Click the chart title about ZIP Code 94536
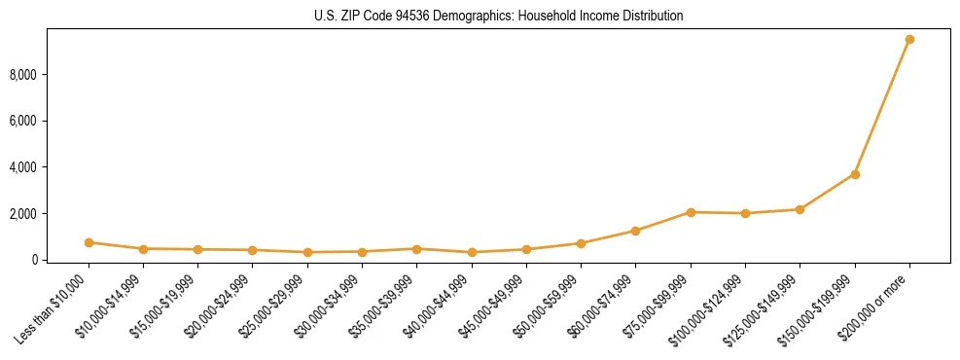[x=498, y=16]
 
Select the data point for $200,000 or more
[x=909, y=40]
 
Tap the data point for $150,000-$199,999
[x=855, y=174]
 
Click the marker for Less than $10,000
[x=89, y=242]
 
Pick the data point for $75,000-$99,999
[x=691, y=212]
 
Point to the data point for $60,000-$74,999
[x=635, y=231]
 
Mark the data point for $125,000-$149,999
[x=800, y=209]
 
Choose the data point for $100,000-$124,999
[x=745, y=213]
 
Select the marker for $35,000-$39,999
[x=416, y=249]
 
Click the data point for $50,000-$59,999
[x=581, y=243]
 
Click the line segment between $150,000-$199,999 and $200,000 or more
[x=882, y=107]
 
